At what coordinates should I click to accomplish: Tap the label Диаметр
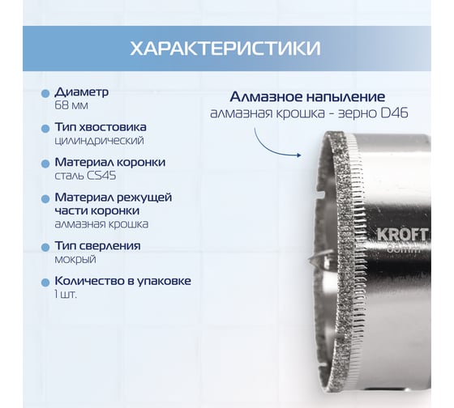click(82, 92)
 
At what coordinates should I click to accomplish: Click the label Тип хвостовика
click(102, 127)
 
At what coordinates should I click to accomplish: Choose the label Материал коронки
click(110, 162)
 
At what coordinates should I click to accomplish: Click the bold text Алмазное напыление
click(311, 95)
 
